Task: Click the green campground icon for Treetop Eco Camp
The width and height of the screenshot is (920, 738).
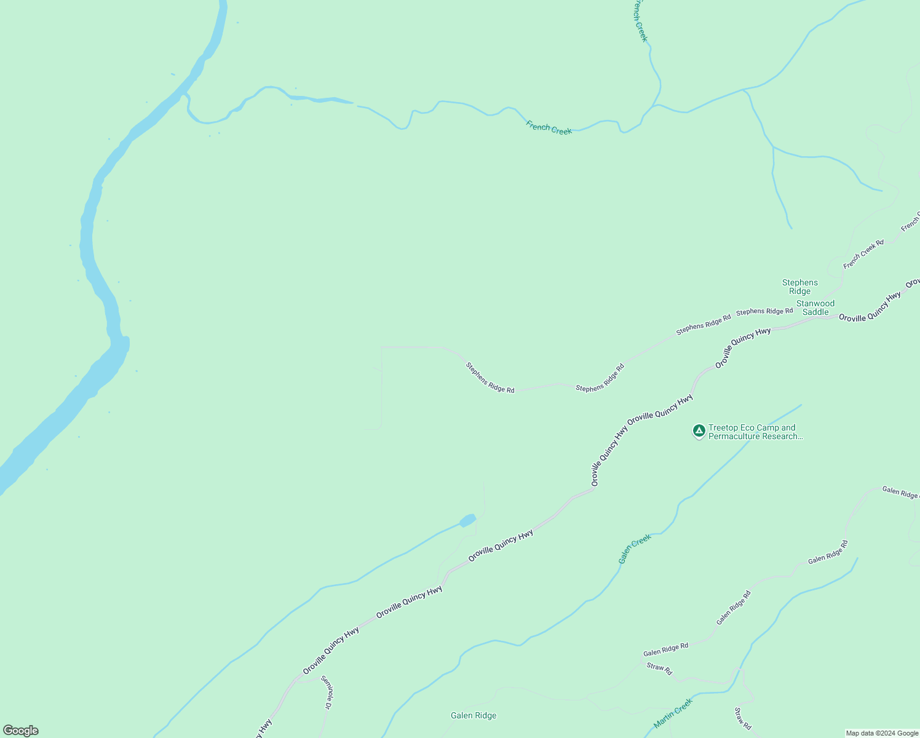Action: pos(699,430)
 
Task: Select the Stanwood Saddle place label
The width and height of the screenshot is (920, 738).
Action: pos(815,307)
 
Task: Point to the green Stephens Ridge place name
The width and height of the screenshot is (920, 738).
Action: pos(799,287)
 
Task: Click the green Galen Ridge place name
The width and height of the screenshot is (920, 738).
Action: pos(473,715)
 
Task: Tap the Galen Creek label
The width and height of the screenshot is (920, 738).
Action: pos(635,549)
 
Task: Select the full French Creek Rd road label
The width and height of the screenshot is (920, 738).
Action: pos(863,254)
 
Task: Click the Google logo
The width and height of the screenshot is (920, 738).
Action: pos(20,731)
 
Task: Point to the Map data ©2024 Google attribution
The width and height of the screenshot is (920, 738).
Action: pos(882,733)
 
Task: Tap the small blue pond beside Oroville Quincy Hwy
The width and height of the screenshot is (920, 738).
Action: pos(467,520)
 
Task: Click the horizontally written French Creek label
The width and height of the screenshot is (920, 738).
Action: pos(549,127)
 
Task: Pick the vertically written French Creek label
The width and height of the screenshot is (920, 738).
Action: pos(640,20)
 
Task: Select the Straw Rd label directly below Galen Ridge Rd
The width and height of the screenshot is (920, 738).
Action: pos(659,669)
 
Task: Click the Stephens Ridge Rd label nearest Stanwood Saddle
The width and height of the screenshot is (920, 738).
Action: pos(764,311)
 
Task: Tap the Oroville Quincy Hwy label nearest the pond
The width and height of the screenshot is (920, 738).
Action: pos(501,545)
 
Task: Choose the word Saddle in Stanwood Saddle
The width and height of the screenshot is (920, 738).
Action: pos(815,312)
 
